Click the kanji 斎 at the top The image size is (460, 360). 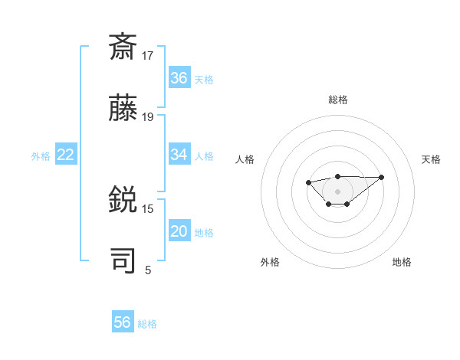tap(124, 47)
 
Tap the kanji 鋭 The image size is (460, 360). tap(124, 201)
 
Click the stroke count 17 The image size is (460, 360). tap(148, 55)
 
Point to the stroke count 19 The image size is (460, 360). tap(148, 116)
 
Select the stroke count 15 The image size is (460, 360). tap(148, 208)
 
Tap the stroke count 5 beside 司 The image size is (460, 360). tap(148, 270)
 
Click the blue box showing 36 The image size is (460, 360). tap(179, 78)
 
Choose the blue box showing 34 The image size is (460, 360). tap(179, 155)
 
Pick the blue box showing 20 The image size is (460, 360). tap(179, 231)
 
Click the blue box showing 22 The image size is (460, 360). tap(66, 155)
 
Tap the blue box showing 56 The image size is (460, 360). tap(123, 322)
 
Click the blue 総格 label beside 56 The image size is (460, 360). tap(147, 324)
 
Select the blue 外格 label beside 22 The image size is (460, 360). tap(41, 156)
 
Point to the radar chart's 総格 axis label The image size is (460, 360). tap(337, 100)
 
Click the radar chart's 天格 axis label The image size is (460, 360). tap(431, 159)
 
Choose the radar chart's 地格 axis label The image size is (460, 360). tap(402, 262)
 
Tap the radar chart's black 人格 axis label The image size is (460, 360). tap(245, 159)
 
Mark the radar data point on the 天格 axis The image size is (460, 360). tap(382, 177)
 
